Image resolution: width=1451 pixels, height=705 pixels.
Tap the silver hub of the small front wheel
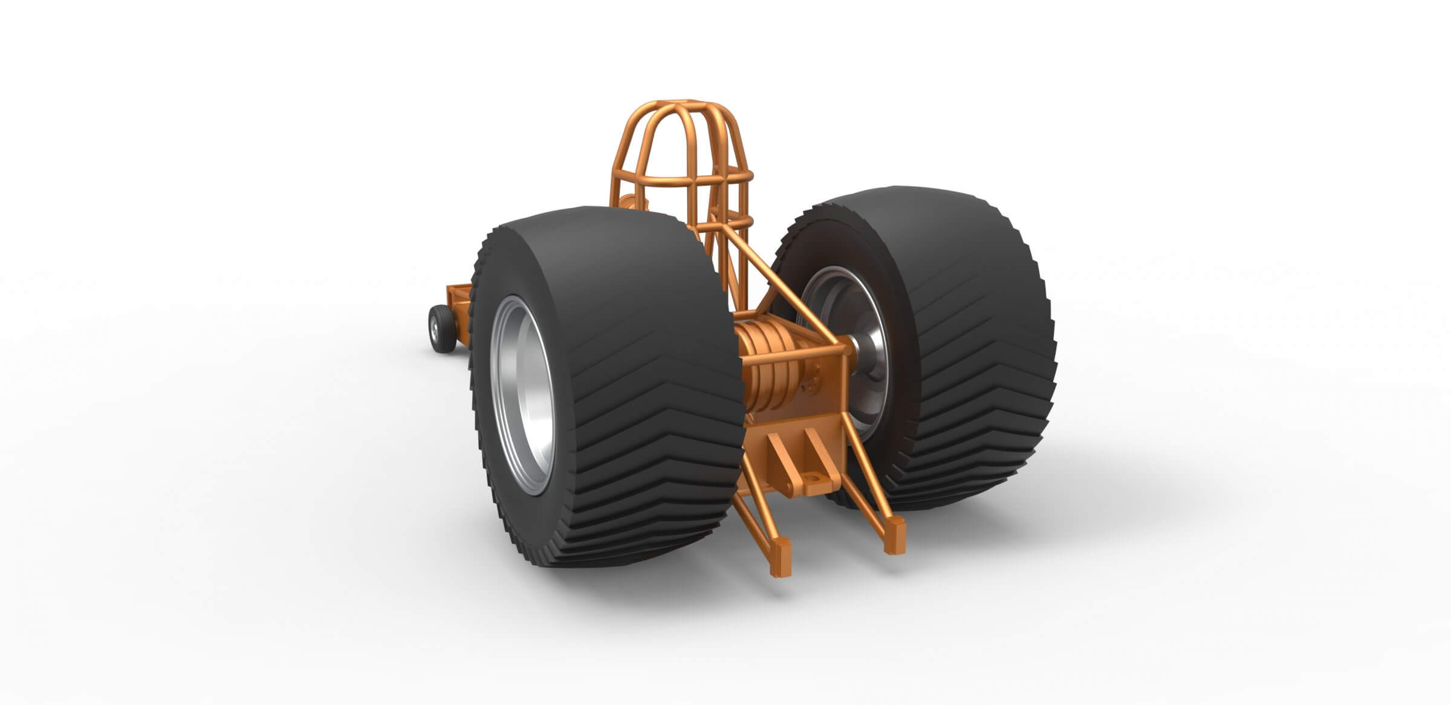[434, 327]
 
